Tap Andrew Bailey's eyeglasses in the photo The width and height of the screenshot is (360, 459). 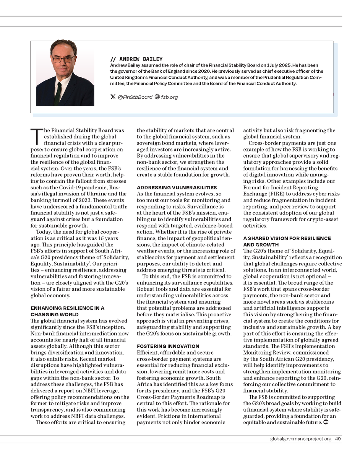coord(63,59)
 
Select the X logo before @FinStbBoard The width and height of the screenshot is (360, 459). coord(113,97)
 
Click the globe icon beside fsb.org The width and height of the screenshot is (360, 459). coord(157,97)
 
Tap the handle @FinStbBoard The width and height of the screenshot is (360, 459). coord(135,97)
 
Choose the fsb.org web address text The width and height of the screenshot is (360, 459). coord(169,97)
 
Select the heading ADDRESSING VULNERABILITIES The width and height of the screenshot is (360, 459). coord(177,188)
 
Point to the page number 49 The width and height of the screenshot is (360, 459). coord(338,439)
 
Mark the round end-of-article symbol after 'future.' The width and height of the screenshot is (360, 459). coord(326,422)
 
